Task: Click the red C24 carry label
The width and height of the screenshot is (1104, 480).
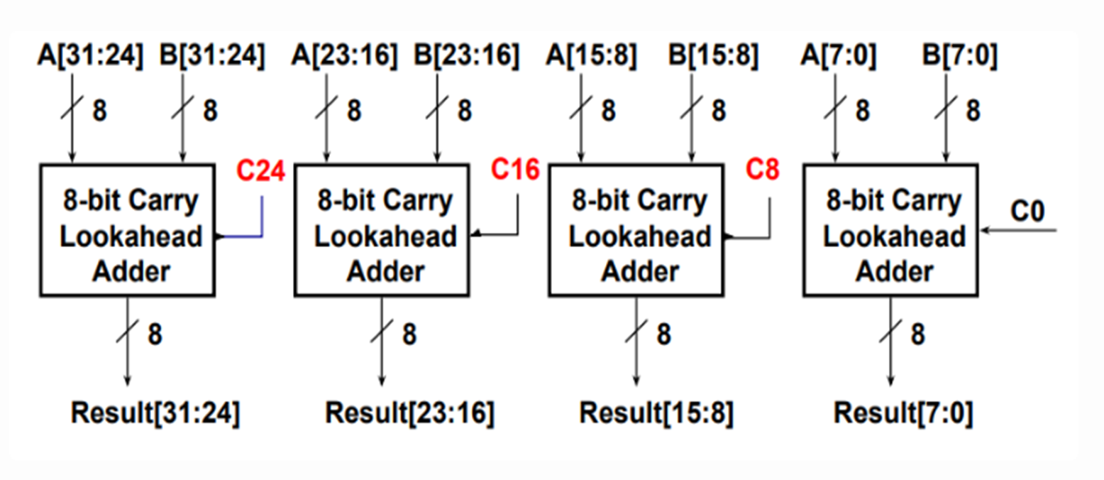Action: click(260, 172)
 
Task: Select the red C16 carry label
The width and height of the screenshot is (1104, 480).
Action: click(515, 170)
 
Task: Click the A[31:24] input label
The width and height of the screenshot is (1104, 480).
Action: click(90, 56)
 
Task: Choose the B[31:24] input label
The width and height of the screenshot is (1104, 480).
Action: click(212, 56)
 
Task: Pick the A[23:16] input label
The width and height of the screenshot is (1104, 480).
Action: click(345, 56)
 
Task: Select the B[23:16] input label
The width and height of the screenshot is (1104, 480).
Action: click(466, 56)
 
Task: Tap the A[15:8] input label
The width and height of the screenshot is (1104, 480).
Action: click(592, 56)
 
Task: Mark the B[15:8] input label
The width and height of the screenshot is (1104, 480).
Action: click(713, 56)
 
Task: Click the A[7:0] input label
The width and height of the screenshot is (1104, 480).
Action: click(839, 56)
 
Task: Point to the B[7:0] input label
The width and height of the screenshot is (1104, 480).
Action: click(960, 56)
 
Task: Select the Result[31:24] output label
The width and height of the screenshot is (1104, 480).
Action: click(155, 413)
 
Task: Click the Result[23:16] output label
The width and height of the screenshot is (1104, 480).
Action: click(409, 413)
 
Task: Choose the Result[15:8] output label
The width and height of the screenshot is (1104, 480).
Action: click(656, 413)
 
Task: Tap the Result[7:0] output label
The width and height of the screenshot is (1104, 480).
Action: click(903, 413)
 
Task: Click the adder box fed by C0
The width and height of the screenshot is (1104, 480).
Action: click(890, 230)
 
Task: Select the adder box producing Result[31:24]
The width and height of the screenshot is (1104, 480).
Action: click(127, 230)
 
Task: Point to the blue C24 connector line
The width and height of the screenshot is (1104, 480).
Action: click(261, 220)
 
